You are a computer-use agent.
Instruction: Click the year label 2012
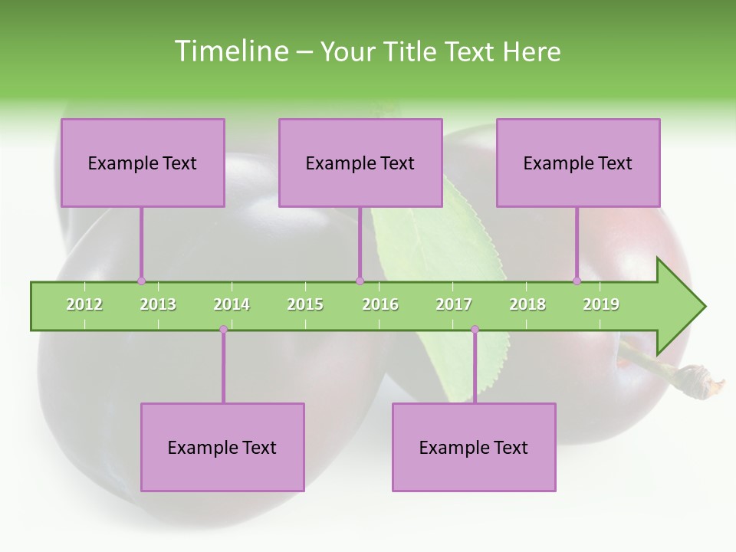click(x=84, y=304)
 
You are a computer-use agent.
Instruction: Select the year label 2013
click(x=158, y=304)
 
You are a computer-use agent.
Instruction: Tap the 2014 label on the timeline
click(x=232, y=304)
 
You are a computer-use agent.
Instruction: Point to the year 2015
click(x=305, y=304)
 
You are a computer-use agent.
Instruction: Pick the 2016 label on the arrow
click(x=380, y=304)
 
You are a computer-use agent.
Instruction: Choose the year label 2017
click(x=454, y=304)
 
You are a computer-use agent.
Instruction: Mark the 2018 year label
click(x=527, y=304)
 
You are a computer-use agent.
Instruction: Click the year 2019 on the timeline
click(x=601, y=304)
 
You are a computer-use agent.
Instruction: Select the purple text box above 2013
click(x=143, y=163)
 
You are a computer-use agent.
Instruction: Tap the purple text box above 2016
click(x=360, y=163)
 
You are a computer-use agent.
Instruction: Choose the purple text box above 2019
click(x=578, y=163)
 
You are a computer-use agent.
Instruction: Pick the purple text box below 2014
click(x=222, y=447)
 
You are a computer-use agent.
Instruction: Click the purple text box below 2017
click(x=474, y=447)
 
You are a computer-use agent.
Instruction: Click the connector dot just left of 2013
click(x=141, y=281)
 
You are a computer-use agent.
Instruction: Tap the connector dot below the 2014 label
click(x=223, y=330)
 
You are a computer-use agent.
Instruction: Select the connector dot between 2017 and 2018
click(x=475, y=330)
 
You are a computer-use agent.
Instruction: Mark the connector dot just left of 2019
click(x=577, y=281)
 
